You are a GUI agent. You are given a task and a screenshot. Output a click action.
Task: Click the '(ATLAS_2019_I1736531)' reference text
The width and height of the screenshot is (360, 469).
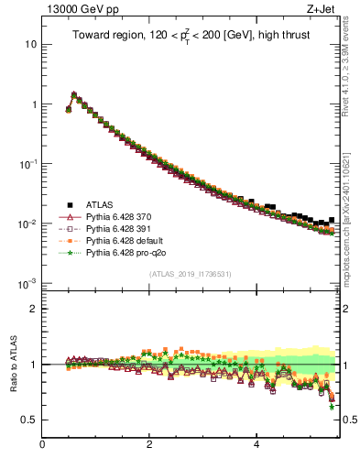point(190,274)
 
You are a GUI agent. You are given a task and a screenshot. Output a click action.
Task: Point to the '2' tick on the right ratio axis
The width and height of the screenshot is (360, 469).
point(349,309)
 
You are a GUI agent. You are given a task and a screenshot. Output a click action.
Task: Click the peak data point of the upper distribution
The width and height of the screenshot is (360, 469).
point(74,94)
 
